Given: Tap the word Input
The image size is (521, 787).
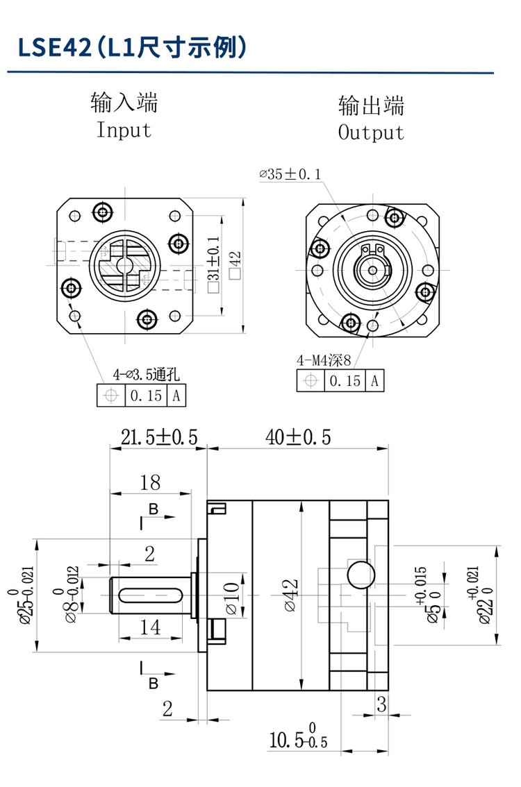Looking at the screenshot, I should click(x=124, y=130).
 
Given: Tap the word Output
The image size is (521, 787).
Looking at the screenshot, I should click(x=371, y=132).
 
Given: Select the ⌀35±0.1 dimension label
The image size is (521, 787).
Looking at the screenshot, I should click(x=290, y=175).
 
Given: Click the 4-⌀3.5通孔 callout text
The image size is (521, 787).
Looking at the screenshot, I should click(x=146, y=375).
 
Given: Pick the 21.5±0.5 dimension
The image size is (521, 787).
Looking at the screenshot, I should click(x=159, y=437).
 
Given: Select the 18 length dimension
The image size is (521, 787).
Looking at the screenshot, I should click(x=150, y=482).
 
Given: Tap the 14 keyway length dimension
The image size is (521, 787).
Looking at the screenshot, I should click(x=150, y=627).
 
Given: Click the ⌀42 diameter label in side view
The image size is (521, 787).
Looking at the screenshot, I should click(x=291, y=595).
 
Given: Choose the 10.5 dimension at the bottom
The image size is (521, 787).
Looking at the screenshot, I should click(x=297, y=740).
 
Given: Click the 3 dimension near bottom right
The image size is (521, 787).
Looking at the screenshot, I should click(x=381, y=704).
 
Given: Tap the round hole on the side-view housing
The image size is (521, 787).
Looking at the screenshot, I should click(x=360, y=573).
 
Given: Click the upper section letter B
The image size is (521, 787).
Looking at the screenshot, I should click(x=154, y=509).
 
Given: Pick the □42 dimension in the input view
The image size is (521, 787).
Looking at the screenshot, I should click(x=236, y=265).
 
